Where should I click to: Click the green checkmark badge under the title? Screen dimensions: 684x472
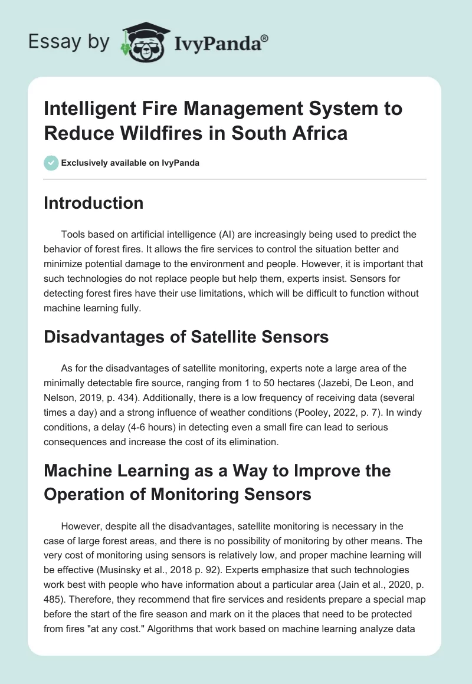(51, 163)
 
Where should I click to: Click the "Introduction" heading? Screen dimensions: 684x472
(93, 203)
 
